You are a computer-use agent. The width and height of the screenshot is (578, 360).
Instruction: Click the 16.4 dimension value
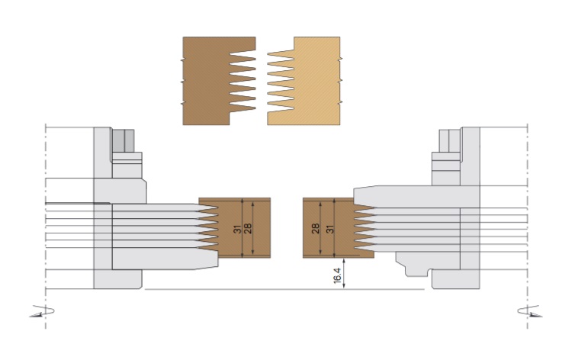click(x=337, y=275)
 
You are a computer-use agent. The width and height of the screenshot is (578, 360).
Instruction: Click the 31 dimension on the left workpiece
click(x=237, y=229)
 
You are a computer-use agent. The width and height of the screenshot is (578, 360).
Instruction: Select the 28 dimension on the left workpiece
click(x=248, y=229)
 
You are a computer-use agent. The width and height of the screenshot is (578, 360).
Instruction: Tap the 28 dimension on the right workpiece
click(x=316, y=229)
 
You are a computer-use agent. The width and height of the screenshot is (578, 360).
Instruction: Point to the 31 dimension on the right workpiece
click(x=330, y=229)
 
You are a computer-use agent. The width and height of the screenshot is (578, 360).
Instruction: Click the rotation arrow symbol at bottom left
click(x=42, y=311)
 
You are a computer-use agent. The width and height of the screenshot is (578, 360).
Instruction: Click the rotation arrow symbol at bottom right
click(x=530, y=311)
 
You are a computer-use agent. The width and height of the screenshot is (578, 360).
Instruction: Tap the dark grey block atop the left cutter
click(x=123, y=140)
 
